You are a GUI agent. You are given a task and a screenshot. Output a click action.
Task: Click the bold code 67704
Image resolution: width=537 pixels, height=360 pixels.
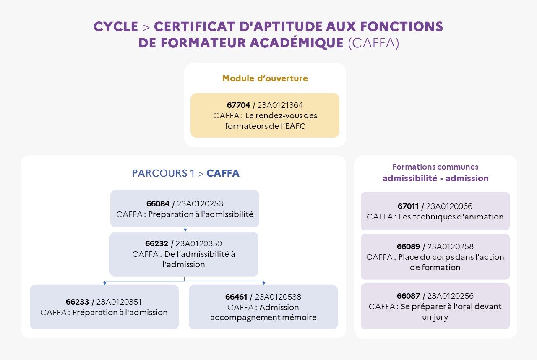[238, 105]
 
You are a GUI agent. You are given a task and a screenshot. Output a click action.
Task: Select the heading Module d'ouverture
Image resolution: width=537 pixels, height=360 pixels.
[265, 78]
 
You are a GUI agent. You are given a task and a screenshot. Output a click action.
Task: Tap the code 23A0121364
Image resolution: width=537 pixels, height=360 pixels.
[280, 105]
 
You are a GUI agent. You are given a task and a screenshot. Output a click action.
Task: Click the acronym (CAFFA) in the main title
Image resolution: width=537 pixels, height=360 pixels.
[373, 43]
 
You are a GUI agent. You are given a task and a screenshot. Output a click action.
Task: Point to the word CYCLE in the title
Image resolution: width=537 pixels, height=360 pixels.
[116, 26]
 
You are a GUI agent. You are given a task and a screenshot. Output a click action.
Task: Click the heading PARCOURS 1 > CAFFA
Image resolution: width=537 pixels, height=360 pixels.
[185, 173]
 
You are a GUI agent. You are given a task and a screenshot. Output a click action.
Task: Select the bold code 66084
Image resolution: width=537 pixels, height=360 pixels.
[158, 204]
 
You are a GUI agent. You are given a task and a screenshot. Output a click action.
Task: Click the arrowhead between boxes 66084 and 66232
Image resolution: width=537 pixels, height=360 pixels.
[185, 230]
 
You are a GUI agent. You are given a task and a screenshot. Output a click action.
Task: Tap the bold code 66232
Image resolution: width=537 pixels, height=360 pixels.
[156, 244]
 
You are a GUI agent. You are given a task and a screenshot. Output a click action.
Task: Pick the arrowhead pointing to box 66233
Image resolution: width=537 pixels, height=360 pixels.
[104, 283]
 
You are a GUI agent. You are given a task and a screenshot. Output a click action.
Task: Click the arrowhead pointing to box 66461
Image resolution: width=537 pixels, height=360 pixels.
[264, 283]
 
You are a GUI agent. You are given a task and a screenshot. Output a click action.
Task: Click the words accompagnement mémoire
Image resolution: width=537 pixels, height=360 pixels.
[263, 318]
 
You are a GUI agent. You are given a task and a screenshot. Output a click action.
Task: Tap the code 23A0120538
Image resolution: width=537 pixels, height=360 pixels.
[278, 297]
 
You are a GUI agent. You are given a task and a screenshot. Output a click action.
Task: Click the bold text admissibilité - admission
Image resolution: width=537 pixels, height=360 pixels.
[435, 178]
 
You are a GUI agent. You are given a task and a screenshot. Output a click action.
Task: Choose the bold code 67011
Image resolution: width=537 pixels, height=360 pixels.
[408, 206]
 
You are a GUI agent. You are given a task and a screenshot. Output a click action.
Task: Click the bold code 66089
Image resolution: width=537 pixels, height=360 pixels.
[408, 247]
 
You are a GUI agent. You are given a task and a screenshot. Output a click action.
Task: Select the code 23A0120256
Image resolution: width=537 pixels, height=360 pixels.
[450, 296]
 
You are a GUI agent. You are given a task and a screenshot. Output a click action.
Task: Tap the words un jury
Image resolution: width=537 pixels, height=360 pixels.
[435, 317]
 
